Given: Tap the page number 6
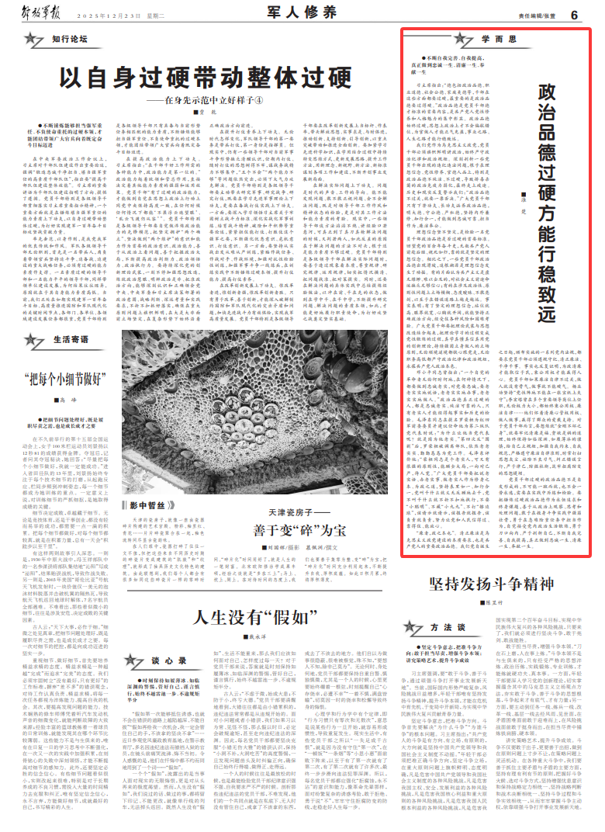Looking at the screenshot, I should [574, 15].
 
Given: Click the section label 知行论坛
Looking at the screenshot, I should [67, 38].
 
